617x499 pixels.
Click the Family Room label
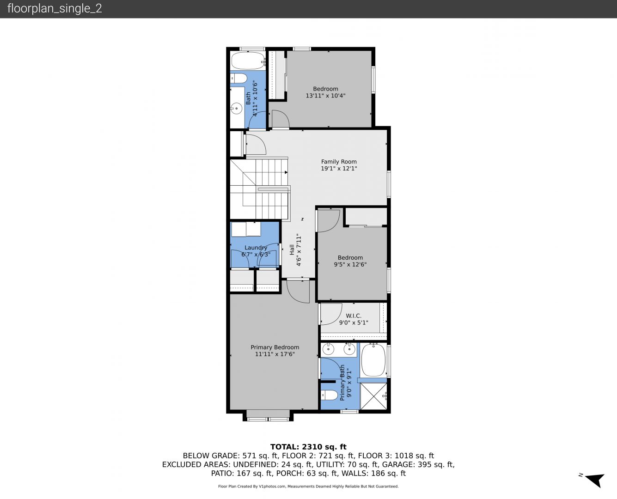click(x=339, y=162)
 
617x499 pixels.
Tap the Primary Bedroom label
click(x=275, y=347)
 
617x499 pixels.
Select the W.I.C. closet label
click(x=354, y=316)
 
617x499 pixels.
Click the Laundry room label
click(x=256, y=248)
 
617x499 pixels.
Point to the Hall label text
click(x=292, y=249)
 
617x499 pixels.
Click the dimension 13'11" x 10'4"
click(x=325, y=96)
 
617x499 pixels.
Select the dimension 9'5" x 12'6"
click(x=350, y=264)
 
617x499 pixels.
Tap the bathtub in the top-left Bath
click(x=248, y=60)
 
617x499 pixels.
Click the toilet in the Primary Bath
click(x=329, y=395)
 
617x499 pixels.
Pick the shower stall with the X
click(x=373, y=396)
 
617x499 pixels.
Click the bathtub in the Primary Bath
click(x=373, y=360)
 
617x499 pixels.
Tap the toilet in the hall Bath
click(x=238, y=78)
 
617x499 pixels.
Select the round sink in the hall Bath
click(x=236, y=109)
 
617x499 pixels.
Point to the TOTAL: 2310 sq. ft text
click(x=308, y=447)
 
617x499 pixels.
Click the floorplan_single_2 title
click(x=55, y=9)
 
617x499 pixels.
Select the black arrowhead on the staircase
click(x=286, y=172)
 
